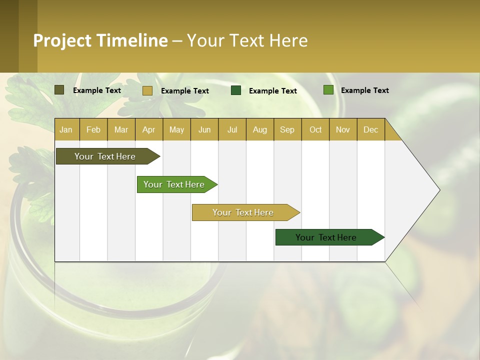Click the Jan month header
[66, 129]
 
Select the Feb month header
[93, 129]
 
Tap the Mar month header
[121, 129]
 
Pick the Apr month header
[149, 129]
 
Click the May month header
[176, 129]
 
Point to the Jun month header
[204, 129]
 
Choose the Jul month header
[232, 129]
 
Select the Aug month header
[260, 129]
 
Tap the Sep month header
[287, 129]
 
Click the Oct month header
[315, 129]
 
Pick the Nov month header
[343, 129]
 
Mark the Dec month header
[370, 129]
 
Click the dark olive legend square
[59, 90]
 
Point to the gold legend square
[147, 90]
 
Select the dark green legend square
[236, 90]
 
